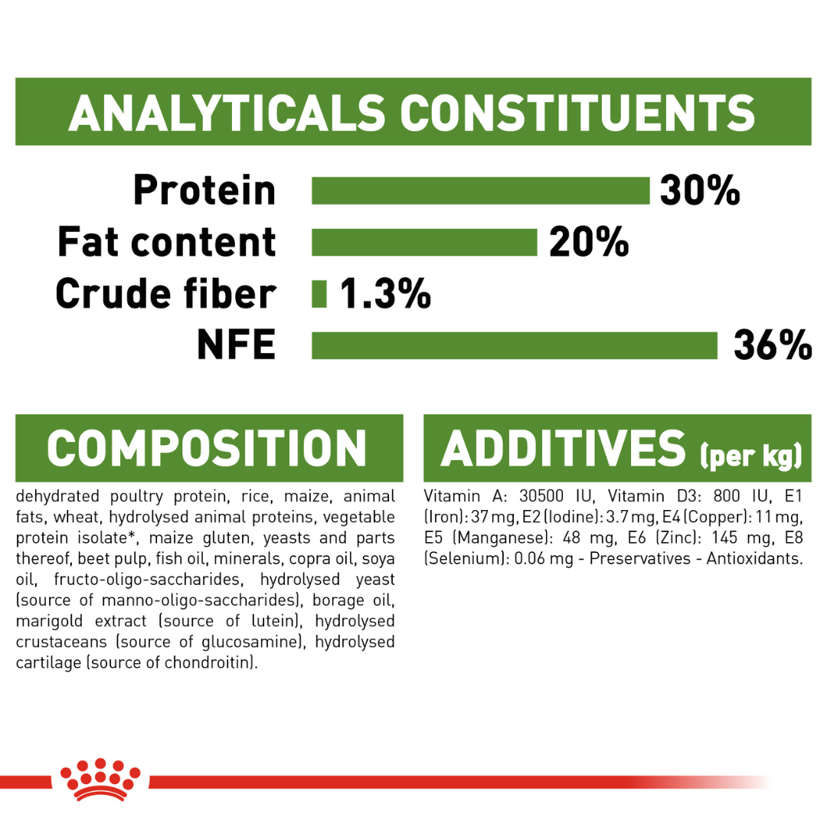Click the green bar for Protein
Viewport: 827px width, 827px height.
pyautogui.click(x=480, y=191)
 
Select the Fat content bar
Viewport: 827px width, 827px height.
pyautogui.click(x=424, y=242)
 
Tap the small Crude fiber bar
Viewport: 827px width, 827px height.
pyautogui.click(x=319, y=294)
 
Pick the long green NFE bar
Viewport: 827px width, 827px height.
pyautogui.click(x=515, y=345)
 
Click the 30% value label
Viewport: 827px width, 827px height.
pyautogui.click(x=700, y=191)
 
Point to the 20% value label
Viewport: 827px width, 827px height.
pyautogui.click(x=589, y=242)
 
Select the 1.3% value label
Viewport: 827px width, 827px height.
pyautogui.click(x=385, y=294)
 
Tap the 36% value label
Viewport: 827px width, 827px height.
pyautogui.click(x=773, y=345)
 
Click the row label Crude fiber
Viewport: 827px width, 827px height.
pyautogui.click(x=166, y=293)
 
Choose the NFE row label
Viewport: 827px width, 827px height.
pyautogui.click(x=237, y=345)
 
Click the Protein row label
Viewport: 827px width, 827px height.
pyautogui.click(x=204, y=190)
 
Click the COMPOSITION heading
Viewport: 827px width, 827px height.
pyautogui.click(x=207, y=448)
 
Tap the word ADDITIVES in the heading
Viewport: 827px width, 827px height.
pyautogui.click(x=564, y=448)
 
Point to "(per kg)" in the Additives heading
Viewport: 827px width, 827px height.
pyautogui.click(x=751, y=456)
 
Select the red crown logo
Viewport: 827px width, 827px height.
pyautogui.click(x=100, y=780)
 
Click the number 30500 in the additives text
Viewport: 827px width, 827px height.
pyautogui.click(x=541, y=496)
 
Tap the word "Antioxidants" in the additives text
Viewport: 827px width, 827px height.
pyautogui.click(x=755, y=558)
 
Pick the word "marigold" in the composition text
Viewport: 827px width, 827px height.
pyautogui.click(x=49, y=621)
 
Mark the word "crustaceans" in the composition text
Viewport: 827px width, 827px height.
pyautogui.click(x=61, y=642)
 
